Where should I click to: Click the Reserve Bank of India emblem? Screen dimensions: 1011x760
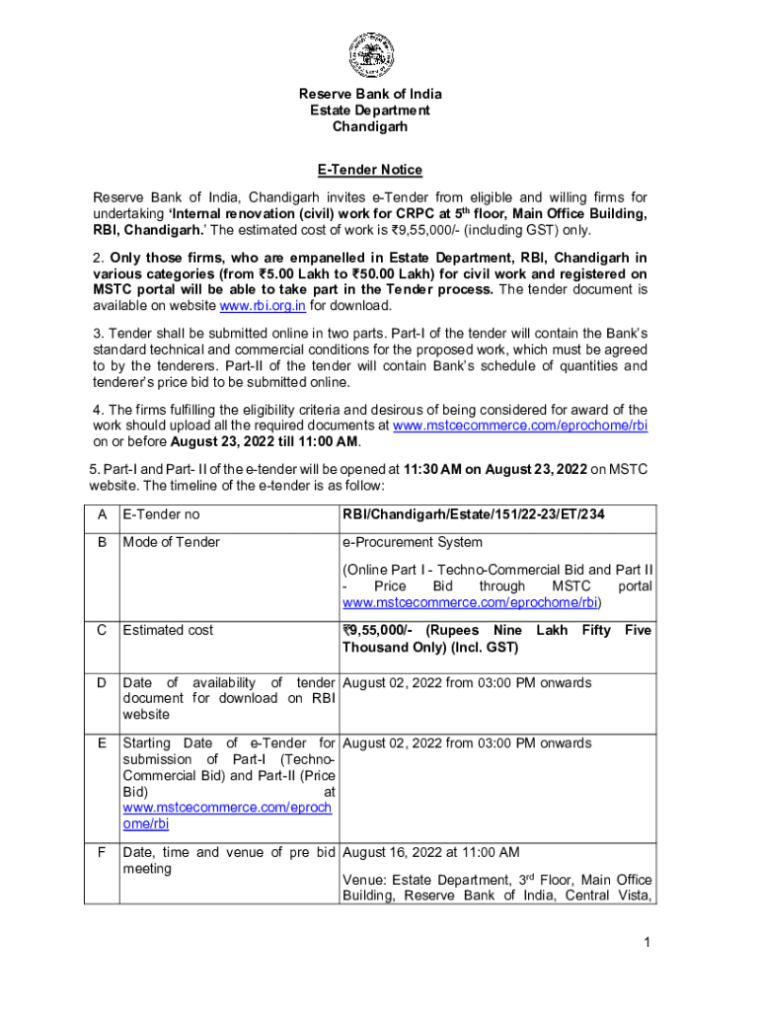[370, 55]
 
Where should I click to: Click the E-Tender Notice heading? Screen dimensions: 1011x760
[370, 170]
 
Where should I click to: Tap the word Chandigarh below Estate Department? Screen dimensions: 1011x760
[370, 126]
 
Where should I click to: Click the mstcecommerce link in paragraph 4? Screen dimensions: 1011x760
[520, 426]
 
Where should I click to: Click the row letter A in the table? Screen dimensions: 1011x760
[102, 513]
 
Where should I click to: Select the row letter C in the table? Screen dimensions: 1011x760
[102, 630]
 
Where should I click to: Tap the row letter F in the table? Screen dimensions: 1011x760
[102, 852]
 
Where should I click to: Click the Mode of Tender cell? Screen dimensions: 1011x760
[171, 542]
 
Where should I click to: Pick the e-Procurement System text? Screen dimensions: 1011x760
[412, 542]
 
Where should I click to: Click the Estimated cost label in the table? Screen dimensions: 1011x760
[167, 630]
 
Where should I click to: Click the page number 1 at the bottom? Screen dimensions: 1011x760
[646, 943]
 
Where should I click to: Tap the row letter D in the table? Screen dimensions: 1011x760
[102, 683]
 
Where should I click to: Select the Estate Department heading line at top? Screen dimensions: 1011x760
[370, 111]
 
